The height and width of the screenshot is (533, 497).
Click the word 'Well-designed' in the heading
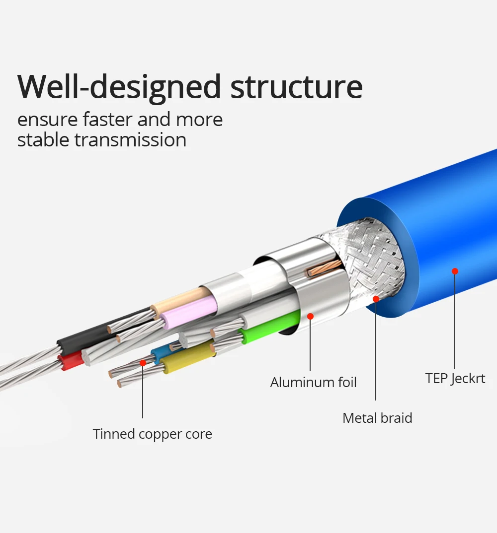click(119, 87)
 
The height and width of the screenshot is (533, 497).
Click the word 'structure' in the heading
click(297, 87)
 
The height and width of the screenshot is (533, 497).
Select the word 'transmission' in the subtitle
click(130, 140)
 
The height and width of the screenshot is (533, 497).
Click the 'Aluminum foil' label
click(313, 383)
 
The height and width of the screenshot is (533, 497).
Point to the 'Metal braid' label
click(377, 418)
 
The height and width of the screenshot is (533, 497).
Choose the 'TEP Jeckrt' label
click(455, 379)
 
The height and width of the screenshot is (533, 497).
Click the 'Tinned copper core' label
click(152, 434)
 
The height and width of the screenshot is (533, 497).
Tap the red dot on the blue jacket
click(455, 271)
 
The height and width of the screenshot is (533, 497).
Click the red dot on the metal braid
click(376, 299)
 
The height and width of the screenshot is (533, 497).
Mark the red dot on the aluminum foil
click(310, 317)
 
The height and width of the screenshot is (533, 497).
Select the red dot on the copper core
click(143, 363)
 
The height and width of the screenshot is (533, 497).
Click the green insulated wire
click(269, 327)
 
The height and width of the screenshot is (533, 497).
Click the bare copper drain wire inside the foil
click(324, 268)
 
